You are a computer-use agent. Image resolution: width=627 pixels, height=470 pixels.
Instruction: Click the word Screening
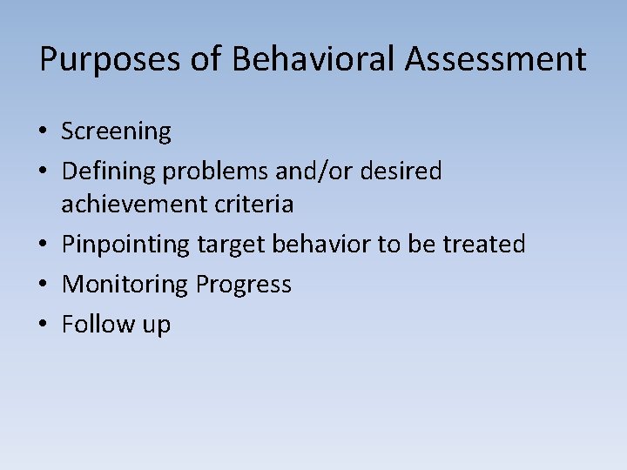click(x=116, y=132)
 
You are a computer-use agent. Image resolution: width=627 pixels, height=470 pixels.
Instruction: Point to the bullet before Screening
click(x=44, y=132)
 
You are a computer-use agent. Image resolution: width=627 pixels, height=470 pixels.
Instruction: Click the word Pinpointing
click(x=125, y=245)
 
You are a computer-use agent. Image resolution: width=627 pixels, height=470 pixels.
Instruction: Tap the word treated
click(x=484, y=245)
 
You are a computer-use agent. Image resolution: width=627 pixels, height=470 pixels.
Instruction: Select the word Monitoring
click(x=125, y=285)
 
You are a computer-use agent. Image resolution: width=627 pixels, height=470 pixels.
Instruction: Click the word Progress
click(x=244, y=285)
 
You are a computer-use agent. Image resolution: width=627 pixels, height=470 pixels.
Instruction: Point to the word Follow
click(x=92, y=325)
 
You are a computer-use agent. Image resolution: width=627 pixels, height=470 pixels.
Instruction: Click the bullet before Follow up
click(x=44, y=325)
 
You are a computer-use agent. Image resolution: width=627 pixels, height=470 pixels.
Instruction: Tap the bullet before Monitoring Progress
click(x=44, y=285)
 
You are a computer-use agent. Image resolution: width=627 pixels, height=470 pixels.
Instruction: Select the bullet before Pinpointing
click(x=44, y=245)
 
